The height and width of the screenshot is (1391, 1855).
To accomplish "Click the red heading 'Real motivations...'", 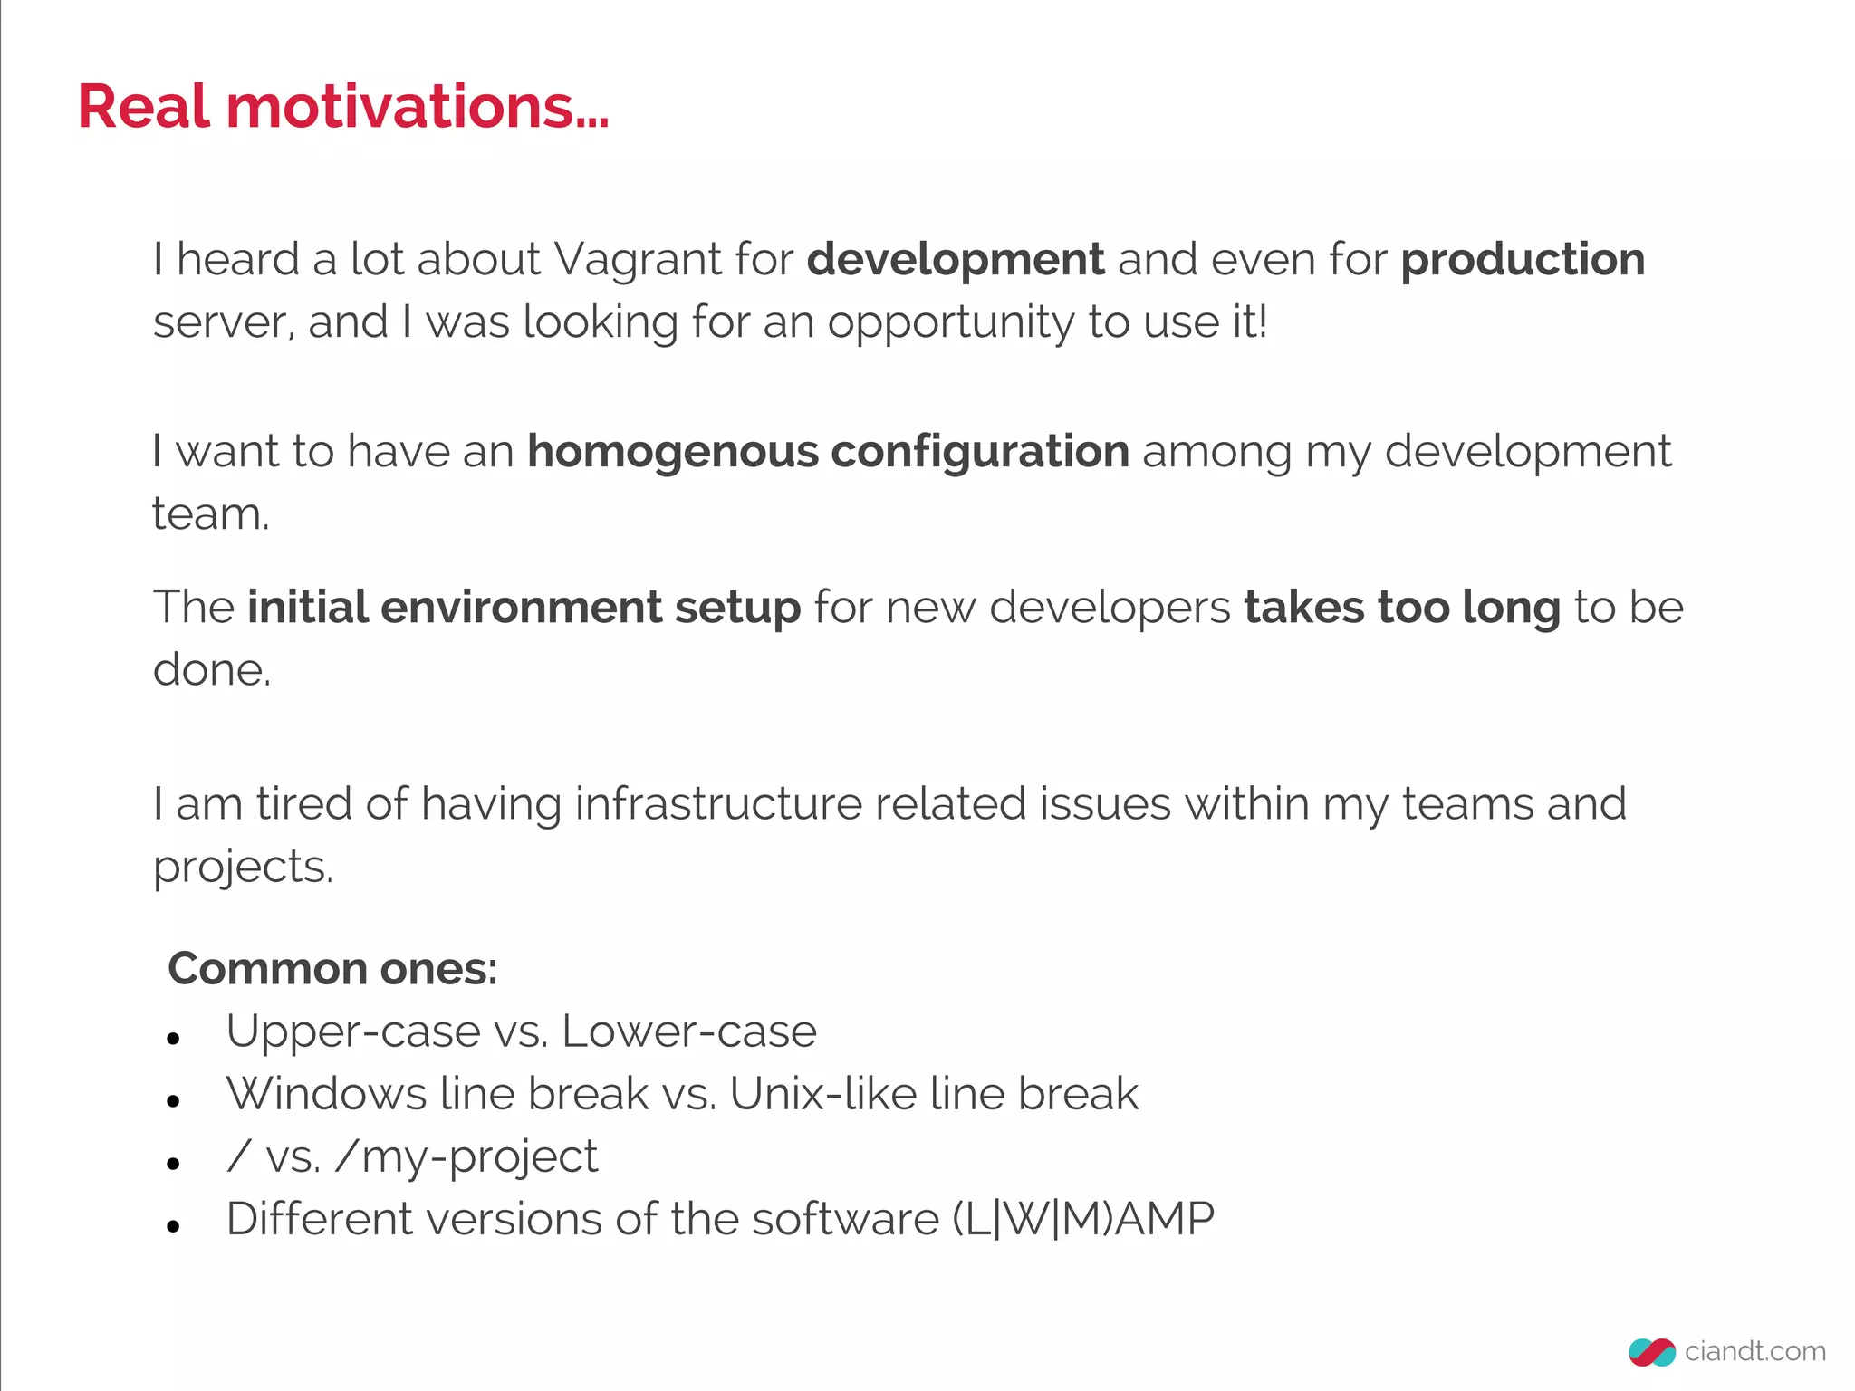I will (342, 107).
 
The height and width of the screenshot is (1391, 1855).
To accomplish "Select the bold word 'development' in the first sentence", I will (956, 260).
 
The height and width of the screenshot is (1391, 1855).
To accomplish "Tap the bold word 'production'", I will (1523, 260).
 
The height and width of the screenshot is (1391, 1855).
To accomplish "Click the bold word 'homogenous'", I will (672, 451).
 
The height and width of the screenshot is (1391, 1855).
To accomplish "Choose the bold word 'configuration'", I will (980, 452).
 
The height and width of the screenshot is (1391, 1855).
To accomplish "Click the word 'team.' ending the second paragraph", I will (210, 514).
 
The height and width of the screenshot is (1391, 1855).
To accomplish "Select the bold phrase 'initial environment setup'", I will (524, 607).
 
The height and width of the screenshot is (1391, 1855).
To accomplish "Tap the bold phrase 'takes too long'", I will (1402, 607).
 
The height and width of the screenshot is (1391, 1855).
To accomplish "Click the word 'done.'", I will (212, 670).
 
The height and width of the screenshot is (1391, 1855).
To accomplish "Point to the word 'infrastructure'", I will (717, 803).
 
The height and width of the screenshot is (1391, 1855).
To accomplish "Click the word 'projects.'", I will (243, 867).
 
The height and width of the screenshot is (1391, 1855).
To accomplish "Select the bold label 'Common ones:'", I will (332, 968).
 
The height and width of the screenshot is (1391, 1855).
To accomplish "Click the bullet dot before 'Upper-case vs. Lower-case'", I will (174, 1039).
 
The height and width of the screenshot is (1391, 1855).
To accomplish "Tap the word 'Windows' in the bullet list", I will (326, 1093).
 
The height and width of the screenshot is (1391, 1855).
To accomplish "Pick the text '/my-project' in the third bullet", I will (466, 1156).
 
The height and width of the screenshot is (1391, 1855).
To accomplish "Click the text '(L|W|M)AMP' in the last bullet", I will (1082, 1219).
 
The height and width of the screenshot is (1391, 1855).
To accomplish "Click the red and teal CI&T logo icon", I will (1651, 1352).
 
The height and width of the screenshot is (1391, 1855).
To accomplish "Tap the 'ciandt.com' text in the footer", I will (1754, 1351).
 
